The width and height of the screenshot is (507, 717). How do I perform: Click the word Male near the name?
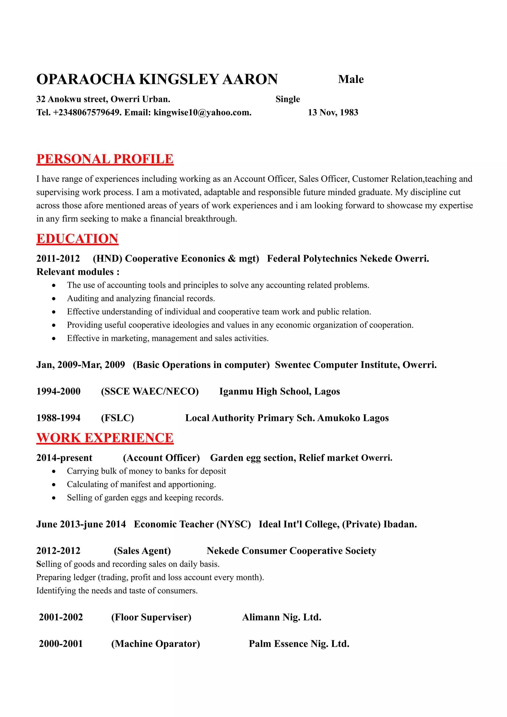click(x=351, y=79)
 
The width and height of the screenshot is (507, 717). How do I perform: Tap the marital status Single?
click(x=287, y=99)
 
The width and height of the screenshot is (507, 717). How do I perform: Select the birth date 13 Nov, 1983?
click(x=333, y=112)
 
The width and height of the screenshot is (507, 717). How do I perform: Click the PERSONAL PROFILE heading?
click(x=105, y=159)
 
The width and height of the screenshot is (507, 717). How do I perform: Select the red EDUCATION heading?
click(x=77, y=239)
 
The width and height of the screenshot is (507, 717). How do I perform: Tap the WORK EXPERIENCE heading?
click(x=105, y=438)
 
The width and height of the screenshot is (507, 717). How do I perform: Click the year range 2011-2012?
click(x=58, y=259)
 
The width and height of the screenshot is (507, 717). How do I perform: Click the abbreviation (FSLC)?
click(x=117, y=418)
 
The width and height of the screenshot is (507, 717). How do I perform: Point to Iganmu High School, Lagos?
click(x=279, y=391)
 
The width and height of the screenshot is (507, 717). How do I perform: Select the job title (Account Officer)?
click(x=161, y=458)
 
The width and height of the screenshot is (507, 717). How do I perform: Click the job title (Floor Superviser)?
click(x=151, y=617)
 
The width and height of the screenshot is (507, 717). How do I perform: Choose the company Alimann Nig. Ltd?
click(x=281, y=617)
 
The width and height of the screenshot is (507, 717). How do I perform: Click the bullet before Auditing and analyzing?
click(x=54, y=299)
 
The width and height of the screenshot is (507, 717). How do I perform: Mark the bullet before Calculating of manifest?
click(x=54, y=485)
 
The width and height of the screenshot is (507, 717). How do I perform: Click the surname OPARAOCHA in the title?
click(x=86, y=79)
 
